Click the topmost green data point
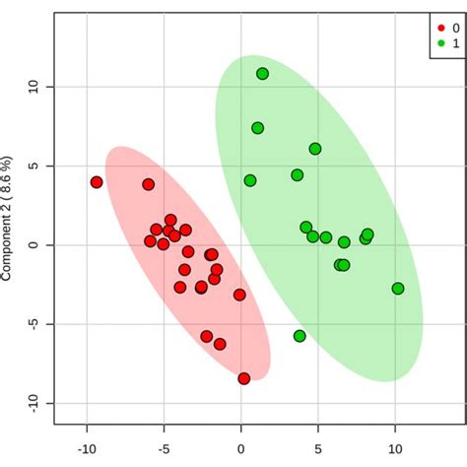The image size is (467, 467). pyautogui.click(x=263, y=74)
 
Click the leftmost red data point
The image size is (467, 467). pyautogui.click(x=97, y=182)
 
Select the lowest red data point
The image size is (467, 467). pyautogui.click(x=244, y=378)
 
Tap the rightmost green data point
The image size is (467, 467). pyautogui.click(x=398, y=289)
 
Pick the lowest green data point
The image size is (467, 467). pyautogui.click(x=300, y=336)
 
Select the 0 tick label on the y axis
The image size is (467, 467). pyautogui.click(x=33, y=244)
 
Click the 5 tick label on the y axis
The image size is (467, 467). pyautogui.click(x=33, y=167)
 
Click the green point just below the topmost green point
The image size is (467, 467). pyautogui.click(x=257, y=128)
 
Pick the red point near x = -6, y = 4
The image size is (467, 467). pyautogui.click(x=149, y=184)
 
